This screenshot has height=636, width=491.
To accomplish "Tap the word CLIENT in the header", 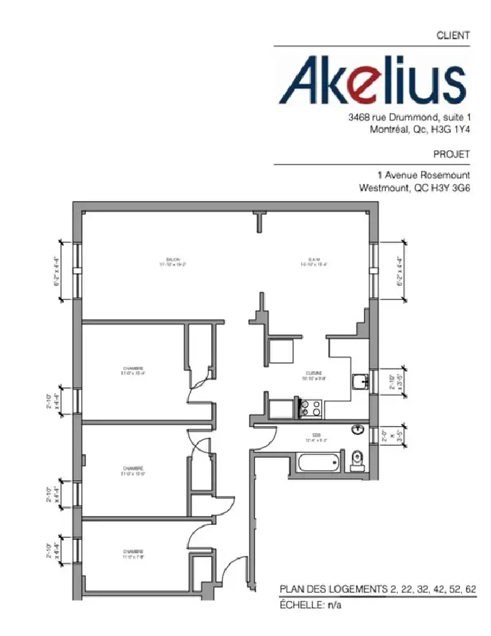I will coord(454,35).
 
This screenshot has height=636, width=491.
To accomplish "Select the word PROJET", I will coord(452,154).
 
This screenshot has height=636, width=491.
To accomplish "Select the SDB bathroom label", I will coord(316,436).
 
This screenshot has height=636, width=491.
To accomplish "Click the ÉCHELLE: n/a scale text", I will coord(311,605).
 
